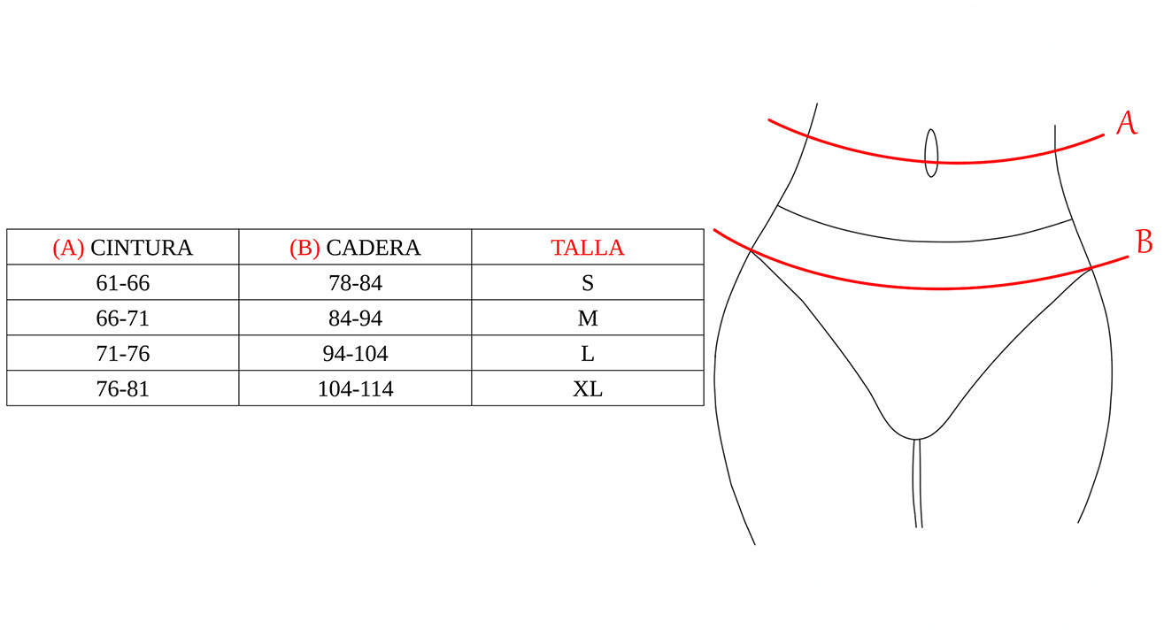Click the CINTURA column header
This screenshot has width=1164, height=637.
[x=123, y=248]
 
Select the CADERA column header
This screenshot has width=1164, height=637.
[x=355, y=248]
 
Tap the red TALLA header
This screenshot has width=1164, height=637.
[x=588, y=248]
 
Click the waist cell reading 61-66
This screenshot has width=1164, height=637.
[x=123, y=283]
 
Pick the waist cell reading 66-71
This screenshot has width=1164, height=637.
[x=123, y=318]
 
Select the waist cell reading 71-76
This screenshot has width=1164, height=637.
[x=123, y=354]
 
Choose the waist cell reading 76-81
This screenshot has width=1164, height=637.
[x=123, y=389]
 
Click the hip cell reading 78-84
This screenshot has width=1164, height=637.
[x=356, y=283]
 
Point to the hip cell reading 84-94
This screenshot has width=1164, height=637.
[x=356, y=318]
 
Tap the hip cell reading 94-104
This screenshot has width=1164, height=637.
[x=356, y=354]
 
